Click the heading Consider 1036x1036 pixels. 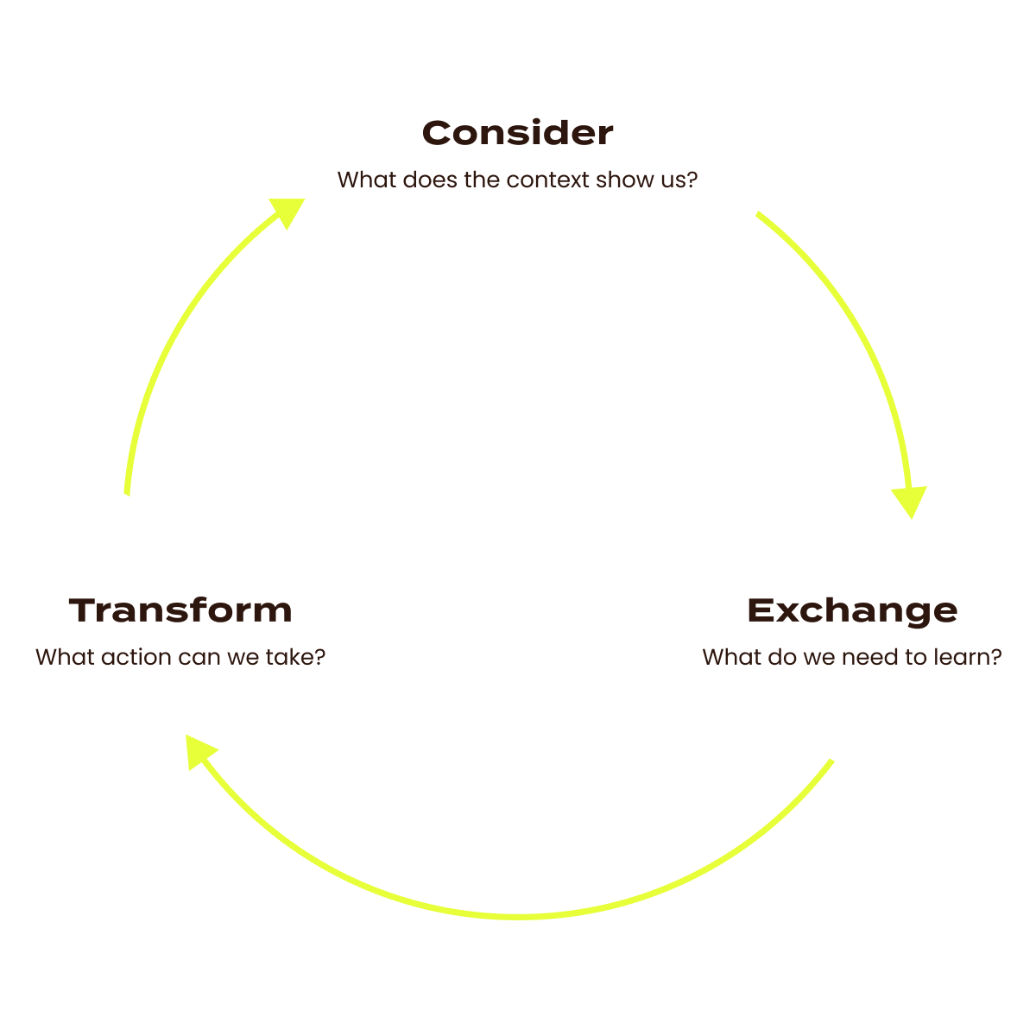tap(518, 133)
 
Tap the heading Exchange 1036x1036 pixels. tap(852, 610)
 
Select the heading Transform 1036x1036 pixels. tap(180, 610)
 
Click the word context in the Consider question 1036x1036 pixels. tap(548, 180)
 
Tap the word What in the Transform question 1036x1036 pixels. tap(65, 657)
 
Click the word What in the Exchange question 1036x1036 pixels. tap(732, 657)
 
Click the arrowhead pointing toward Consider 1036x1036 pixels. tap(288, 211)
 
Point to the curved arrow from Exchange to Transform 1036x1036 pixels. tap(518, 913)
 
